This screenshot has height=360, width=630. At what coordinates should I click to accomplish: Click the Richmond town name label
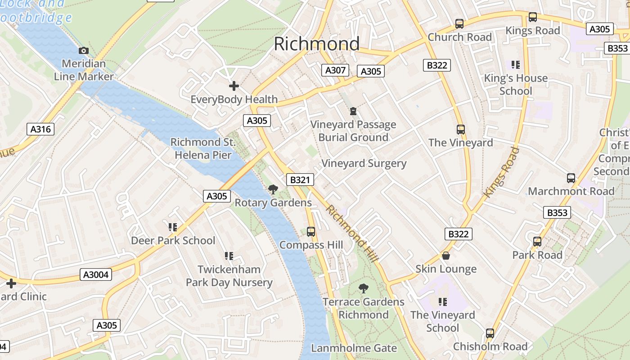[316, 44]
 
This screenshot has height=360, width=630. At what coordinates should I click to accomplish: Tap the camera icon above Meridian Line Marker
[83, 51]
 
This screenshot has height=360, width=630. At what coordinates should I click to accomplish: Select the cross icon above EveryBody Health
[234, 85]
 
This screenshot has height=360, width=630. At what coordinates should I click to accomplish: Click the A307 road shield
[335, 70]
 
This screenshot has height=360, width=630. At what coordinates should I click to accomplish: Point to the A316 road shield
[40, 130]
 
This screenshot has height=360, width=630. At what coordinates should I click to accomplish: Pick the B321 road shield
[300, 180]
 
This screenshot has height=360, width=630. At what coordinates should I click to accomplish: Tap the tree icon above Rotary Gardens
[273, 189]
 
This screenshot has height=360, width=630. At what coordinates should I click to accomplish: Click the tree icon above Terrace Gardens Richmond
[364, 288]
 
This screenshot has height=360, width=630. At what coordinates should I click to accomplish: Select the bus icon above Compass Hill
[310, 232]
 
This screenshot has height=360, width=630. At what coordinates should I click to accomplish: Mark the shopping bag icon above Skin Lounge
[445, 256]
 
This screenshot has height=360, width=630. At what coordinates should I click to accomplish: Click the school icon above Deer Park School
[173, 227]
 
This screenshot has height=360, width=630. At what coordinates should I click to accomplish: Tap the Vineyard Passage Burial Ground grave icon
[353, 111]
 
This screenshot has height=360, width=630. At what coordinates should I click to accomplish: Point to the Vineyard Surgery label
[364, 163]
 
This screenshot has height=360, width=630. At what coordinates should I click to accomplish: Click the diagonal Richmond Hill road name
[352, 234]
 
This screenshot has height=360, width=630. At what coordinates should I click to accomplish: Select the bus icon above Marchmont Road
[571, 178]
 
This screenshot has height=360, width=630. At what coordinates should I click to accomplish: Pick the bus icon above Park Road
[537, 242]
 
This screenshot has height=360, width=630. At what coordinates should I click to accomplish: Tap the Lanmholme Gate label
[354, 348]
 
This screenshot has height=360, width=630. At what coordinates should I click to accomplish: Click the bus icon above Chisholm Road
[490, 333]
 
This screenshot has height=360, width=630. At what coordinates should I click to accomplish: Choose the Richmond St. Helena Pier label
[203, 148]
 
